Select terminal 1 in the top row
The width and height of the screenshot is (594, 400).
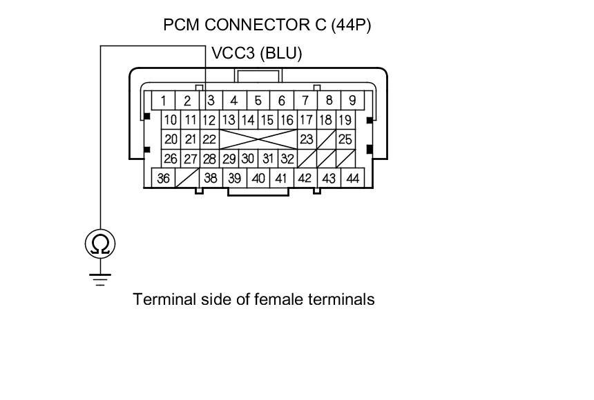pos(163,101)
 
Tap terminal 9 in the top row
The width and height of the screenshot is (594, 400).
pos(352,101)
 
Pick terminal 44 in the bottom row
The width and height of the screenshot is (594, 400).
pos(352,178)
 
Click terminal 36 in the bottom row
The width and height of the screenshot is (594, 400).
pos(163,178)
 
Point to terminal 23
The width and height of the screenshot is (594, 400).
pos(306,139)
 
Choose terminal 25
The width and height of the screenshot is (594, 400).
pos(345,139)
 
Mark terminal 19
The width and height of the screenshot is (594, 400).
pos(345,120)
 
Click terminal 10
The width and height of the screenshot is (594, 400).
pos(171,120)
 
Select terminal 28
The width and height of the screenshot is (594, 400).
pos(209,159)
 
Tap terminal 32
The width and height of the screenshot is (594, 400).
pos(287,159)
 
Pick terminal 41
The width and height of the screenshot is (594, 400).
pos(281,178)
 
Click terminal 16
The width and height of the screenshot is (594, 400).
pos(287,120)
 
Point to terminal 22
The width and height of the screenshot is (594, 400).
pos(209,139)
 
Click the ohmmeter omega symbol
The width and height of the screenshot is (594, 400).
pos(100,243)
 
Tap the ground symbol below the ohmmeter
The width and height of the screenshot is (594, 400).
pos(100,279)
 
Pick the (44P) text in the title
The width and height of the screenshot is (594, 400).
pos(352,26)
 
